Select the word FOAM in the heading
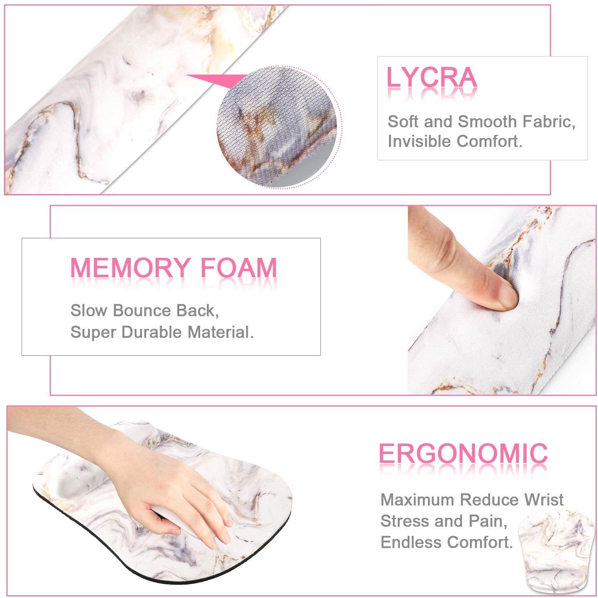[x=239, y=268]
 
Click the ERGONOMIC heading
[x=463, y=454]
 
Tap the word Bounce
[x=139, y=311]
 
